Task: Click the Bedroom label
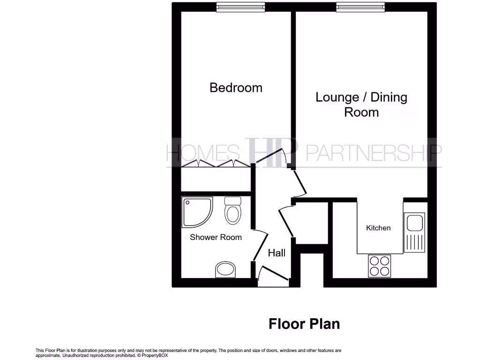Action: [236, 88]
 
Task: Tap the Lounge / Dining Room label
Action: [361, 105]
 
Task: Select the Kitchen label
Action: [378, 228]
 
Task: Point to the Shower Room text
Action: [216, 237]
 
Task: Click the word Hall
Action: [277, 253]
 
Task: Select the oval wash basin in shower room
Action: [226, 270]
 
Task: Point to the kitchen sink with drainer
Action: [415, 233]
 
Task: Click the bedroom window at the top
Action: [240, 7]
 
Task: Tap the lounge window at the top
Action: [360, 7]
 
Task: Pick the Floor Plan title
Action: [304, 324]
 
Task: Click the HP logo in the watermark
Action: [272, 151]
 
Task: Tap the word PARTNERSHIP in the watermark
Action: [373, 152]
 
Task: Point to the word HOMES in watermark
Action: [202, 152]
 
